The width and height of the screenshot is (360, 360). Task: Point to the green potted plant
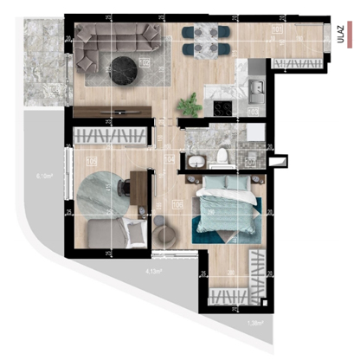pos(186,105)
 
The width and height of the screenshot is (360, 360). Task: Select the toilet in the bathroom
pos(222,156)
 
